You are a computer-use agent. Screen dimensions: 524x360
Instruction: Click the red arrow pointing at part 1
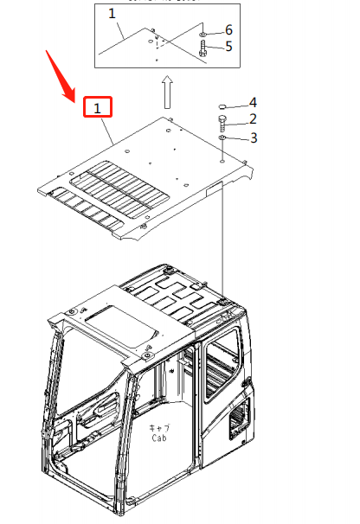(61, 73)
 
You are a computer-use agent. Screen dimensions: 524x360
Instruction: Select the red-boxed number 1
(98, 108)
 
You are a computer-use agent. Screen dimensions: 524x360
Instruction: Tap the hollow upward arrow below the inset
(169, 89)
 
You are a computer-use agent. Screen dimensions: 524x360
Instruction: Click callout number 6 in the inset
(228, 30)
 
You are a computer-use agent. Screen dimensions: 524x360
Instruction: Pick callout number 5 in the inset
(228, 46)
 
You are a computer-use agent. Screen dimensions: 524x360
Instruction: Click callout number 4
(253, 103)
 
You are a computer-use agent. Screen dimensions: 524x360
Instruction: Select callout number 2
(253, 119)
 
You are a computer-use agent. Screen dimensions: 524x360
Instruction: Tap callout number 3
(253, 137)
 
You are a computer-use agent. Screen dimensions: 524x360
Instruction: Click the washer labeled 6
(202, 30)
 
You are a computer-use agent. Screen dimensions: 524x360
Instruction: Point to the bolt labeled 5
(202, 47)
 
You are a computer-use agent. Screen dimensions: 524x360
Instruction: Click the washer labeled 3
(222, 137)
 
